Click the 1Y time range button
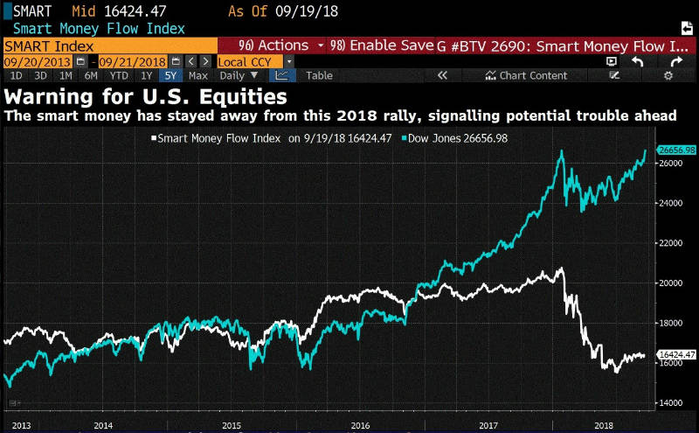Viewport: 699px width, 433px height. point(146,75)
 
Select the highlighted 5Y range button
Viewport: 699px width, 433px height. point(169,75)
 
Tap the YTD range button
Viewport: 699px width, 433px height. point(120,75)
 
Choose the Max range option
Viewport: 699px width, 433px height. point(197,75)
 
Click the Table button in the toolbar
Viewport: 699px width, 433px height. point(319,75)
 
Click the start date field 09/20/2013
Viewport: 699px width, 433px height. point(38,61)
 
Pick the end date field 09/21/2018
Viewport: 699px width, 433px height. point(133,61)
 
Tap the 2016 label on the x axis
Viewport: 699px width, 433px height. point(359,424)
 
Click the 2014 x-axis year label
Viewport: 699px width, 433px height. point(103,424)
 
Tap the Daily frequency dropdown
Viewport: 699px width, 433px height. point(239,75)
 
